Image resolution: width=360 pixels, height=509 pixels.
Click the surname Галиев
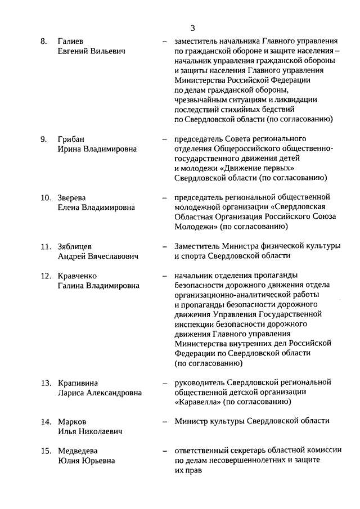[x=70, y=42]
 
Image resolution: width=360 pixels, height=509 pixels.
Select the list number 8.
[x=43, y=42]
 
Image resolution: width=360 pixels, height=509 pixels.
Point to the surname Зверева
[x=73, y=197]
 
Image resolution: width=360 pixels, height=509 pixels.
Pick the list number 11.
[x=46, y=246]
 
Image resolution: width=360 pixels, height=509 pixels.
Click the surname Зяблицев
[x=76, y=246]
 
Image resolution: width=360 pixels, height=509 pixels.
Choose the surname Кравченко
[x=78, y=276]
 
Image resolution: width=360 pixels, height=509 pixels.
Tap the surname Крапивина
[x=78, y=383]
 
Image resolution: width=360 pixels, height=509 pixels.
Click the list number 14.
[x=46, y=422]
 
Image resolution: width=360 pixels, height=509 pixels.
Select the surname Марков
[x=72, y=422]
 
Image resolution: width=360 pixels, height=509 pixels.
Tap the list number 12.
[x=46, y=276]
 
